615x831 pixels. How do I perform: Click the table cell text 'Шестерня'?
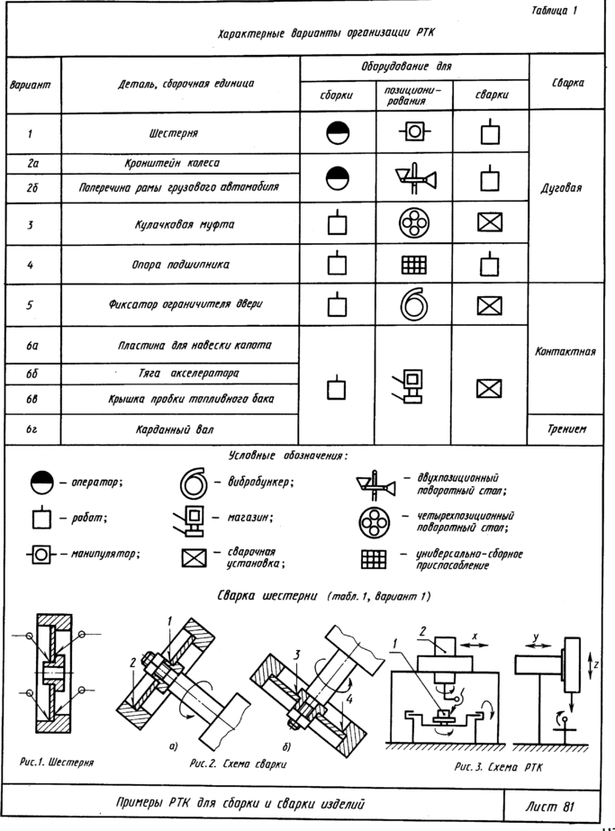pos(173,133)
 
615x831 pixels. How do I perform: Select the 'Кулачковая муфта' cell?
pos(184,224)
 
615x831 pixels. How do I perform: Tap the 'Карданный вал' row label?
pos(175,429)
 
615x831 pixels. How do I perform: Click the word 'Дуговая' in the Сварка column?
pos(561,188)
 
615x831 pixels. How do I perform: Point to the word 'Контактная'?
pos(565,351)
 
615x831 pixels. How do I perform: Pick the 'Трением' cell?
pos(566,429)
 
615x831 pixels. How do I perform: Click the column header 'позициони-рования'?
pos(412,95)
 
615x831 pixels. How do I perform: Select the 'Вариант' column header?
pos(31,85)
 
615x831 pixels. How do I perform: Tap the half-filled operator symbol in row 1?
pos(338,132)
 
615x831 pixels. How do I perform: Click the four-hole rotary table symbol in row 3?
pos(413,222)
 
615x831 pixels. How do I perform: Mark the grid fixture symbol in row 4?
pos(413,265)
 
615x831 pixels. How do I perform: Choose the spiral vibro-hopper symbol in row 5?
pos(413,304)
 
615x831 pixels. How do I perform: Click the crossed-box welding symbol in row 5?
pos(490,306)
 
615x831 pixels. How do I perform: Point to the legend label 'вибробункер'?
pos(259,483)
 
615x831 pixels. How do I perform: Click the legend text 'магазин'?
pos(249,518)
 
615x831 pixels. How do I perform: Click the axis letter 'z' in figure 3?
pos(596,664)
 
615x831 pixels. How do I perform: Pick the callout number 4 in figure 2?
pos(349,699)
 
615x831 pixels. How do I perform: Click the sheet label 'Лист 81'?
pos(550,807)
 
